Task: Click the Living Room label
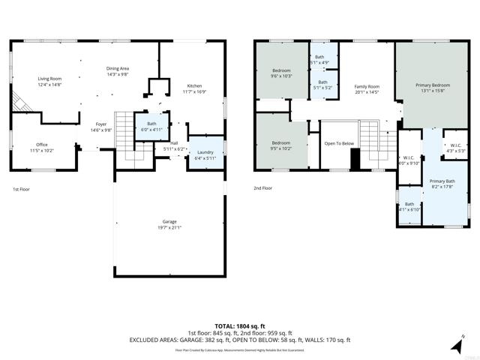tap(50, 81)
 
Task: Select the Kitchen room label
tap(193, 89)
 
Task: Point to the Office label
tap(41, 148)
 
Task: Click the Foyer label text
tap(100, 127)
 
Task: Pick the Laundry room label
tap(205, 154)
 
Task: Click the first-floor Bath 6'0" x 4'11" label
tap(151, 126)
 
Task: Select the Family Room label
tap(367, 89)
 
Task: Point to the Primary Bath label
tap(442, 184)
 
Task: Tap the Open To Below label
tap(338, 144)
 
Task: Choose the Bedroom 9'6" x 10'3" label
tap(281, 73)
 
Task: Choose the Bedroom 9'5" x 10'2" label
tap(281, 145)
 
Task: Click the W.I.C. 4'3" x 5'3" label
tap(455, 148)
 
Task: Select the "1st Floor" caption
tap(22, 189)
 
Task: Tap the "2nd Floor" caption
tap(262, 188)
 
